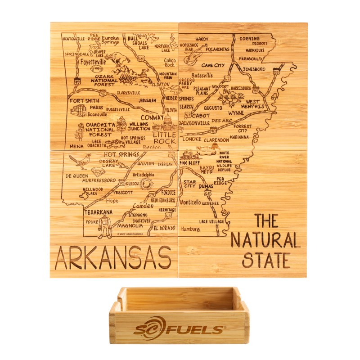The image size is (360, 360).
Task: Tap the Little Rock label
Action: click(164, 138)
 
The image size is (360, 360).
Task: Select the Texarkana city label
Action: click(98, 211)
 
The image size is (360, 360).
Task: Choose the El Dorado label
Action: click(164, 228)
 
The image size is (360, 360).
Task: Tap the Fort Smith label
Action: click(84, 101)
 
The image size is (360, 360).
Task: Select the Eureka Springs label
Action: click(111, 40)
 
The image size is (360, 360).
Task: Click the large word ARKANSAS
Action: click(112, 258)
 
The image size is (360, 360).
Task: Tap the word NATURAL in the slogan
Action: click(265, 240)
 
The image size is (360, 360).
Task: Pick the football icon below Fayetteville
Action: click(95, 70)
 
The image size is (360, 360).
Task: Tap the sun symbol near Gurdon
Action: click(146, 184)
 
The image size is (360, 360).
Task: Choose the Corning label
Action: click(249, 39)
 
